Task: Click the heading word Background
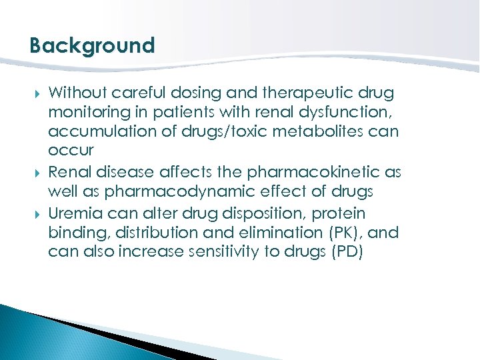pos(92,46)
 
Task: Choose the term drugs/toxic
pos(214,132)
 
